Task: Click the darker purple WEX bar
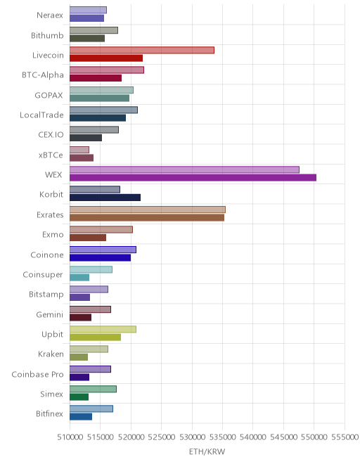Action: point(193,178)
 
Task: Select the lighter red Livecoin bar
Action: point(142,50)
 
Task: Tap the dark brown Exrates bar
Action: point(147,217)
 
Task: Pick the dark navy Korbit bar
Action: point(105,198)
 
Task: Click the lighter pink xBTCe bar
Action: point(79,150)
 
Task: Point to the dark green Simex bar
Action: point(79,397)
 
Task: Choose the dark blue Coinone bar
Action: point(100,257)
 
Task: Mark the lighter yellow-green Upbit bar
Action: point(103,329)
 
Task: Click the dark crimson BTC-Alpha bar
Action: point(96,78)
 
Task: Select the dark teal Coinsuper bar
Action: point(79,277)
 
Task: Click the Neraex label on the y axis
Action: point(50,15)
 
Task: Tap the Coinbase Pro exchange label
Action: point(37,374)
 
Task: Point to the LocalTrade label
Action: point(41,115)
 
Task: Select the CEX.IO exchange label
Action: point(51,135)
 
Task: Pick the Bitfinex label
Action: point(49,413)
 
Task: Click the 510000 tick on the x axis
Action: point(70,437)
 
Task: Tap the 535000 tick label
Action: point(223,437)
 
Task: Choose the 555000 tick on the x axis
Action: point(345,437)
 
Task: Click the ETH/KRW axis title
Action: point(207,451)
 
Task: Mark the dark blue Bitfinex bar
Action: point(81,417)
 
